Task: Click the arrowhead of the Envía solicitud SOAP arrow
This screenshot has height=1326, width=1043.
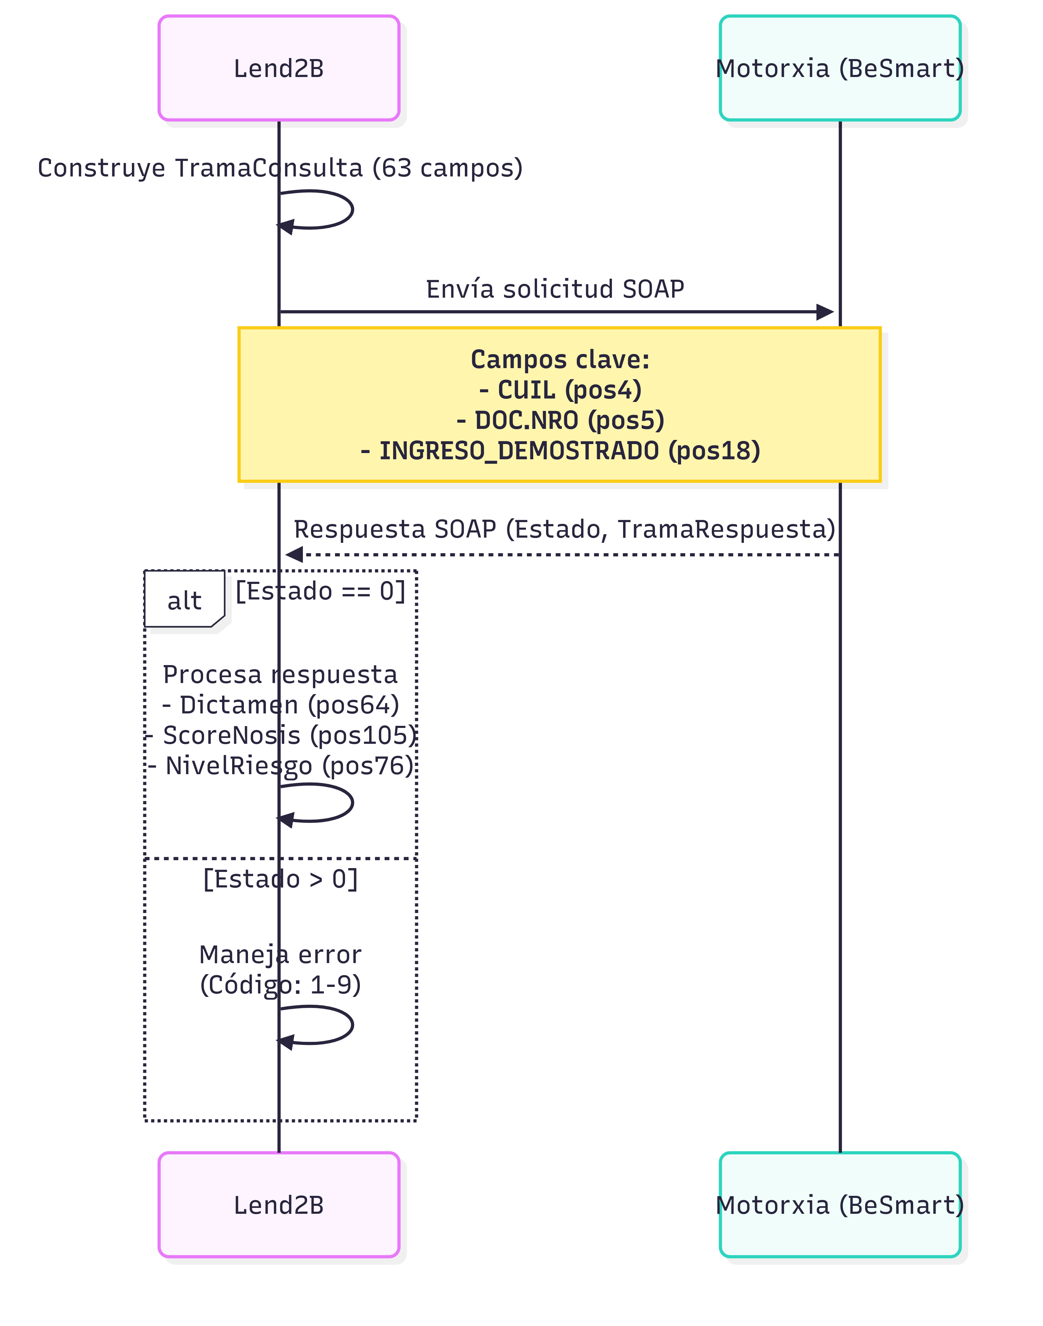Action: (826, 312)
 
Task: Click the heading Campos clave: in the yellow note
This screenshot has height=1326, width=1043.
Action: (559, 359)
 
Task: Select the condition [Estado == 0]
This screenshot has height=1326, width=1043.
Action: (320, 591)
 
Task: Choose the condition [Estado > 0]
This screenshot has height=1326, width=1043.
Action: (280, 879)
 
